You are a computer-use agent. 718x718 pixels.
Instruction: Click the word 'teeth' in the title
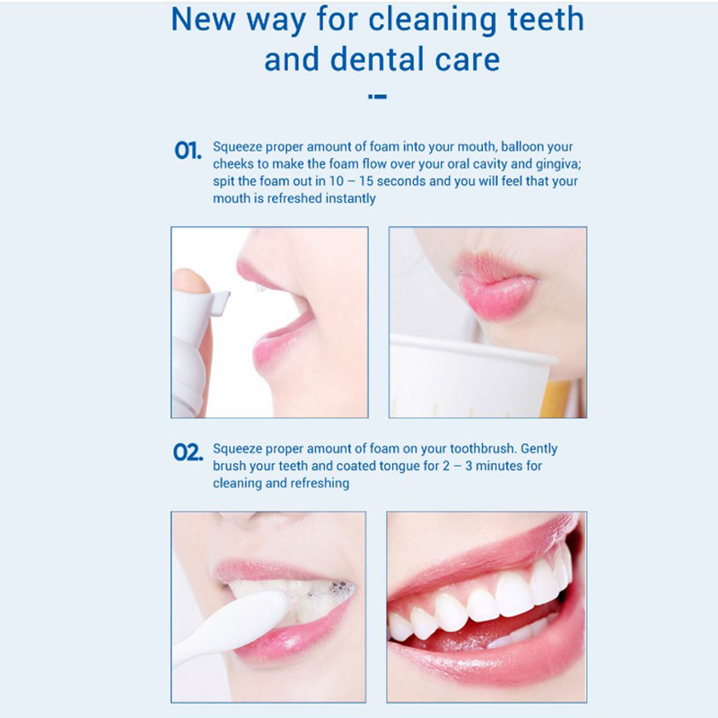click(546, 19)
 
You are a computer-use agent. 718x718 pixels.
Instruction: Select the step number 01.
click(188, 150)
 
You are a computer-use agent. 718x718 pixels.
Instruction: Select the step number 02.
click(188, 452)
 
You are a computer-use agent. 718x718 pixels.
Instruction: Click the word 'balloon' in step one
click(521, 146)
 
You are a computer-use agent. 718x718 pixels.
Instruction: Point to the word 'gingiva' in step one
click(557, 164)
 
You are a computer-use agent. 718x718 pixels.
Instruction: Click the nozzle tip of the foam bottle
click(224, 302)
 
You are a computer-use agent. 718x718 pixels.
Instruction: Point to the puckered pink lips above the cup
click(496, 285)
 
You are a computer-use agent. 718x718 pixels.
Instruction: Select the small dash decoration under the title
click(377, 97)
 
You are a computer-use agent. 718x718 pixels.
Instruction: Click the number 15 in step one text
click(366, 181)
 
